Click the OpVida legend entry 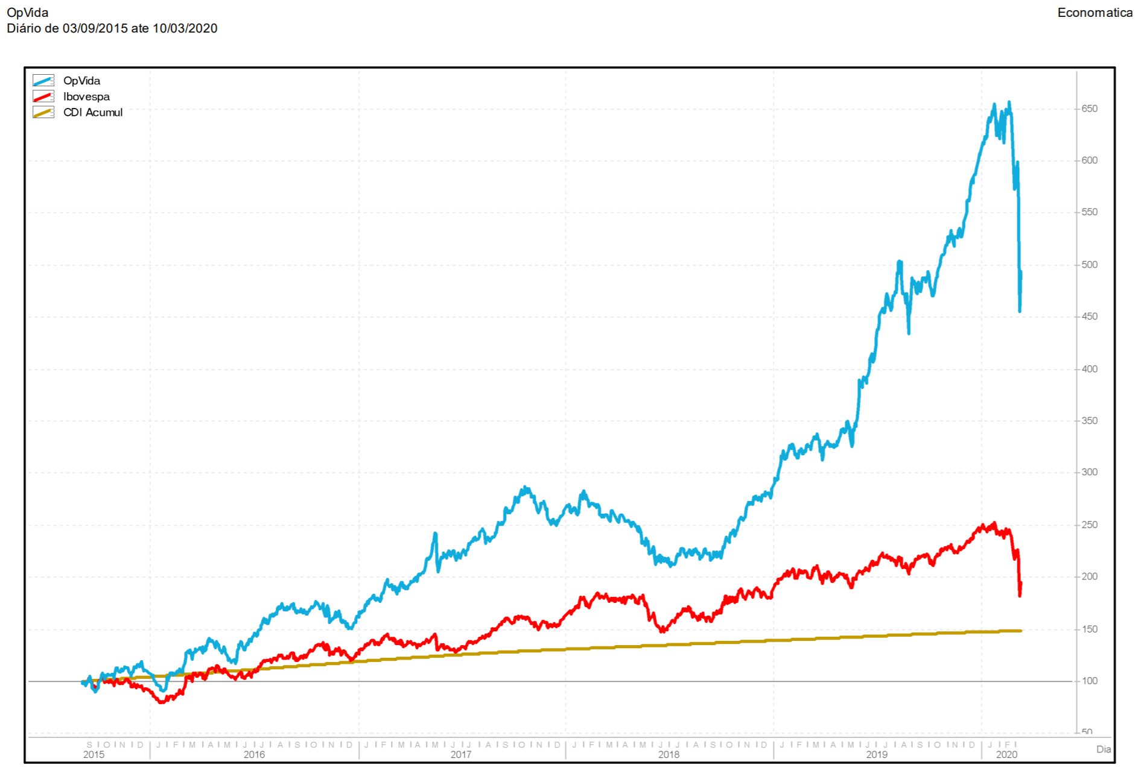click(81, 81)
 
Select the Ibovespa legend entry click(86, 96)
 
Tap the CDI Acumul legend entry click(92, 113)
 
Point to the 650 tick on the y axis click(1089, 109)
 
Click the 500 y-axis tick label click(1089, 265)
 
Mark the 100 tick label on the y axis click(1089, 681)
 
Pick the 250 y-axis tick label click(1089, 525)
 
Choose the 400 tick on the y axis click(1089, 369)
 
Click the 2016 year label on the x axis click(254, 755)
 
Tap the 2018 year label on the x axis click(669, 755)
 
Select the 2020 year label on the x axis click(1006, 755)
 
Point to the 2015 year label click(94, 755)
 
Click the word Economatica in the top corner click(1095, 13)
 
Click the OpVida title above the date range click(28, 13)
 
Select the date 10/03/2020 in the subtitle click(185, 28)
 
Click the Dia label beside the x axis click(1103, 749)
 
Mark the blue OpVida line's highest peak click(1009, 102)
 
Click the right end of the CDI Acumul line click(1020, 631)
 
